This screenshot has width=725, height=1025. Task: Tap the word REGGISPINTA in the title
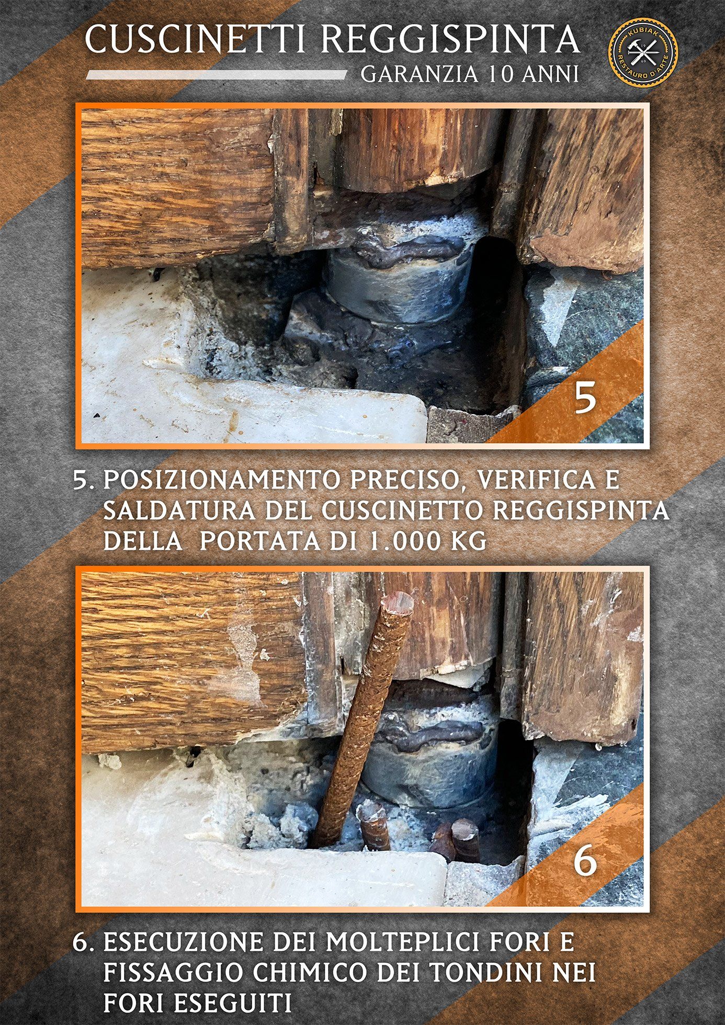(x=450, y=40)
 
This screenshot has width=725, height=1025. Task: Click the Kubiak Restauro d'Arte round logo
(x=643, y=51)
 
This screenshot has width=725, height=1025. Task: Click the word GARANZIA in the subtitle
(x=420, y=74)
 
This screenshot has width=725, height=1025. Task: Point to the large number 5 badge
(x=585, y=399)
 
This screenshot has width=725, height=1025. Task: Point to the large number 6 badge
(x=585, y=862)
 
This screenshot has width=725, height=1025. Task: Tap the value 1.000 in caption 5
(x=402, y=541)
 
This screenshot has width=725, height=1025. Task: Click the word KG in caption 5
(x=468, y=541)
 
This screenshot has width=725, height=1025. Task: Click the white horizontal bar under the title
(x=216, y=75)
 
